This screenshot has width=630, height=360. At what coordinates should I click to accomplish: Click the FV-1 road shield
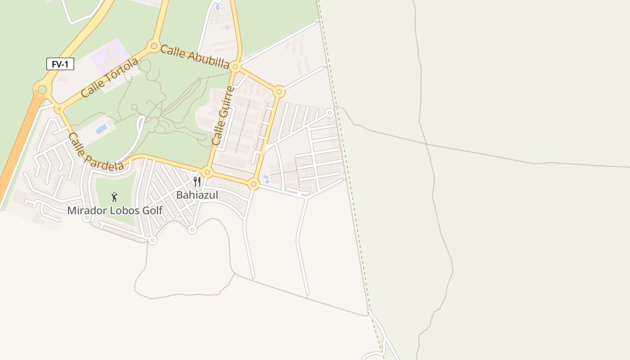click(x=60, y=64)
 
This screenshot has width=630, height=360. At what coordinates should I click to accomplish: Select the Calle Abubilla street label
click(x=194, y=56)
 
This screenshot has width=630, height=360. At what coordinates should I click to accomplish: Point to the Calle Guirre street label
click(x=223, y=116)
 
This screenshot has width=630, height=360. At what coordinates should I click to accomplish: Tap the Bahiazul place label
click(x=197, y=195)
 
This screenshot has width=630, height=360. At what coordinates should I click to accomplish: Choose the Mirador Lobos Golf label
click(x=115, y=211)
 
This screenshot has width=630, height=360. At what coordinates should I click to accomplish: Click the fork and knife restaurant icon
click(x=197, y=182)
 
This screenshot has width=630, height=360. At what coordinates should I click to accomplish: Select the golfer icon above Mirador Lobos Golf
click(x=115, y=197)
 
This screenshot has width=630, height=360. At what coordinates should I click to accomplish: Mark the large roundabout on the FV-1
click(x=42, y=90)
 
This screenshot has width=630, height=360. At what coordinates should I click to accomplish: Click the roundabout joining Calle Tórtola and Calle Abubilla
click(x=154, y=46)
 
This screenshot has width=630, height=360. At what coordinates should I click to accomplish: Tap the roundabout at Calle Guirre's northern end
click(x=235, y=67)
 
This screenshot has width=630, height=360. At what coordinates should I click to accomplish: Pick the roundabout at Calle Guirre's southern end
click(x=207, y=172)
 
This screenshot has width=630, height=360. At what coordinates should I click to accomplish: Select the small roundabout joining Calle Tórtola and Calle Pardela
click(x=58, y=109)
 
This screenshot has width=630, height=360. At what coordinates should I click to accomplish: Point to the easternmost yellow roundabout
click(x=279, y=92)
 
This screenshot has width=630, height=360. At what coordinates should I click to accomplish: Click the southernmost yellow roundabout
click(x=254, y=184)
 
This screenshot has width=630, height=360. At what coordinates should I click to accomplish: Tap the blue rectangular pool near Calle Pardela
click(x=102, y=129)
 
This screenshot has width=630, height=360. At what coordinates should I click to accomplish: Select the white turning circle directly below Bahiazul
click(x=192, y=230)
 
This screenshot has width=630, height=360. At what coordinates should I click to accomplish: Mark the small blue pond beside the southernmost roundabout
click(x=266, y=179)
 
